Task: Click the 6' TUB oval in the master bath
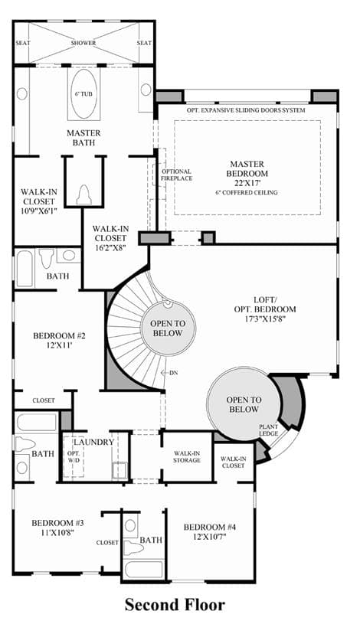(x=84, y=94)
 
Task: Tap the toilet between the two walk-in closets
(x=83, y=195)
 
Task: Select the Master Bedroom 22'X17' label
(x=247, y=174)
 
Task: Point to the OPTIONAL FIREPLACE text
(x=176, y=175)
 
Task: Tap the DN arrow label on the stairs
(x=169, y=373)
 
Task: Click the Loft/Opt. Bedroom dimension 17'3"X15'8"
(x=263, y=319)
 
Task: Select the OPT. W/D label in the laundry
(x=74, y=458)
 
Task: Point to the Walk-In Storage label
(x=187, y=457)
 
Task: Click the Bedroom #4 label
(x=209, y=528)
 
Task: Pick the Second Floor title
(x=175, y=605)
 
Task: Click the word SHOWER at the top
(x=83, y=43)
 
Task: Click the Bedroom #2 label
(x=59, y=340)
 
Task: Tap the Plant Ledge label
(x=268, y=430)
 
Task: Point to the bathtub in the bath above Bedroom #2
(x=25, y=269)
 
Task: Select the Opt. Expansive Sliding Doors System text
(x=246, y=109)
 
